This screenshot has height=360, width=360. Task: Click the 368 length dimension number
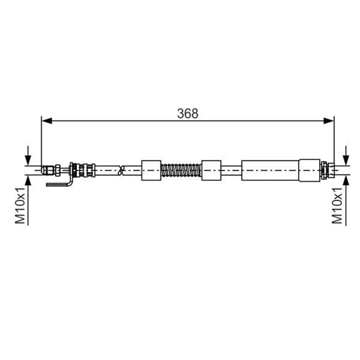click(x=188, y=113)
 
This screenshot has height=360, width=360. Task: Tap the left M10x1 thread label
click(x=20, y=205)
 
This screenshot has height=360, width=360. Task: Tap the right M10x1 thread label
click(x=337, y=205)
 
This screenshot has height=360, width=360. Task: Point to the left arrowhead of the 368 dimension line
click(x=47, y=121)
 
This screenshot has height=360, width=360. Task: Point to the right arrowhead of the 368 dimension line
click(x=328, y=121)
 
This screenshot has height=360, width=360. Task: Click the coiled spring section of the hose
click(x=181, y=170)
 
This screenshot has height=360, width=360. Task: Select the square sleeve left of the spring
click(x=151, y=170)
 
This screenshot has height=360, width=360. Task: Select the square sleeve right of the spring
click(x=211, y=170)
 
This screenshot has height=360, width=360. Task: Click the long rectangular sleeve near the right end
click(x=270, y=170)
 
